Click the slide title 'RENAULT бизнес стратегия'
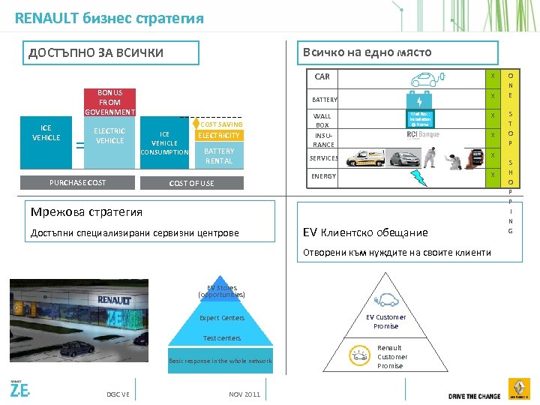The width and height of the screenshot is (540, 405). coord(109,18)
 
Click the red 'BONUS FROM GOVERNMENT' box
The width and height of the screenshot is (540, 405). coord(109,103)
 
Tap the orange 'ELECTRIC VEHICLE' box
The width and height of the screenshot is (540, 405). coord(109,136)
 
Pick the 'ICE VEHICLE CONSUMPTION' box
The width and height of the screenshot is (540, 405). coord(165,143)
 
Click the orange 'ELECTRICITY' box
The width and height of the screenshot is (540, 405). coord(219,136)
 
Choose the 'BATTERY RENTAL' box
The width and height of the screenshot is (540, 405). coord(219,156)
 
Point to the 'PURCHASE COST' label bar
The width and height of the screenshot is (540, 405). coord(77,183)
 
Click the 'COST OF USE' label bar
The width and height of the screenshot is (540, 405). coord(191,183)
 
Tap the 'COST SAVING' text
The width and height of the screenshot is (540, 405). coord(222,124)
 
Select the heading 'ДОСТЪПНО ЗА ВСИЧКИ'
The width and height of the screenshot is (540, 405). coord(95,53)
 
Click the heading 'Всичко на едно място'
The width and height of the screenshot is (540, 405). coord(366,52)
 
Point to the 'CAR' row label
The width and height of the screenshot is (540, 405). coord(322,76)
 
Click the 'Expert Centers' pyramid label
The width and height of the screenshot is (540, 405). coord(222,318)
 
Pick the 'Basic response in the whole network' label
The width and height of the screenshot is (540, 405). coord(220,361)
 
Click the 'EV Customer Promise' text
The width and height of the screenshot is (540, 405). coord(386,322)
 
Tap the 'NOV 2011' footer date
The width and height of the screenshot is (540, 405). coord(244,394)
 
